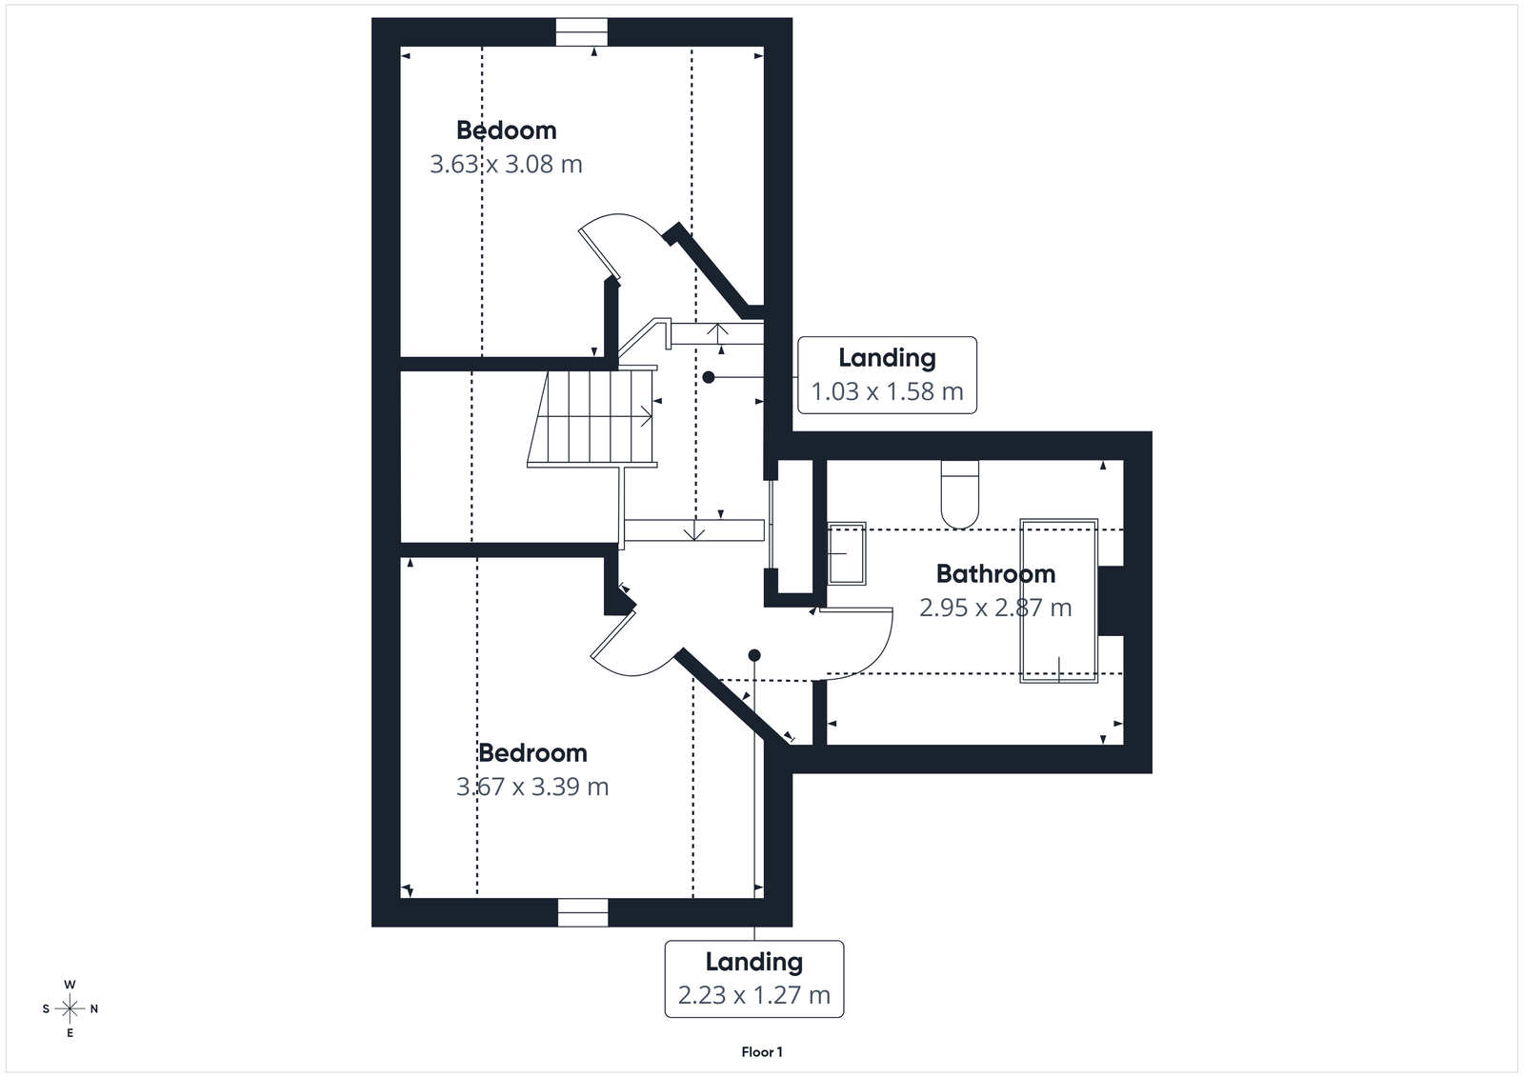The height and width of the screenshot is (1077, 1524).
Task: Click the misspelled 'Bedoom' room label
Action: pos(506,130)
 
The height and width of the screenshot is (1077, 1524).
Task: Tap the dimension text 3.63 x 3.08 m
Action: pos(506,165)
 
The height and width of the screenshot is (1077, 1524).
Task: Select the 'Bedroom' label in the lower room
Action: pos(532,753)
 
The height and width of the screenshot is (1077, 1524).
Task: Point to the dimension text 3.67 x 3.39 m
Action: pos(532,788)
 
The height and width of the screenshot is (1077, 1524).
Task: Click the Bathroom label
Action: pos(995,574)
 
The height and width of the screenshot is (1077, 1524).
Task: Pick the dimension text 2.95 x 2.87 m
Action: pos(995,608)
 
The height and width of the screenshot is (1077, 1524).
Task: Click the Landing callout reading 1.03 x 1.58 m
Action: pos(887,375)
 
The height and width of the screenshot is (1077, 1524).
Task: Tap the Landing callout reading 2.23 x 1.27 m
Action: pos(753,979)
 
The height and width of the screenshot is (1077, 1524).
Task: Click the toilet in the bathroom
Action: pos(959,493)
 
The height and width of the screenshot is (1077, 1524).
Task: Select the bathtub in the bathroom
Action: pos(1058,600)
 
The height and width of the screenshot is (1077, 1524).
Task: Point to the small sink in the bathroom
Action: pos(846,552)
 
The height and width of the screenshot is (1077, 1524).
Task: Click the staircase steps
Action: pos(592,417)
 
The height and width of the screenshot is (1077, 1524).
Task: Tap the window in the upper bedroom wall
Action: pos(582,32)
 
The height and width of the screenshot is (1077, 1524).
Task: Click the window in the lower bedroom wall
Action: pos(582,912)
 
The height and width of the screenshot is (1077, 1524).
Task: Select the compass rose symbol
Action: pos(70,1008)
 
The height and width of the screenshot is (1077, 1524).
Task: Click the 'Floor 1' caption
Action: pos(762,1052)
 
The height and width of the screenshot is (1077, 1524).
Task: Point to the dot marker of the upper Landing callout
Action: pos(709,377)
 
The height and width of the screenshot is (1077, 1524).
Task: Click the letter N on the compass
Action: pos(93,1008)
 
